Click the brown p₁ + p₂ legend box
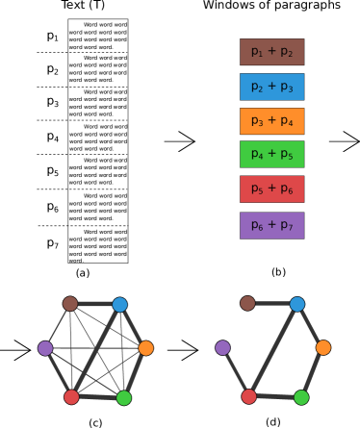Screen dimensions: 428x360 click(x=271, y=52)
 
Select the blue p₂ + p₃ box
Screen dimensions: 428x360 click(x=271, y=87)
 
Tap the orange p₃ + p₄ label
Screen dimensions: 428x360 click(x=271, y=121)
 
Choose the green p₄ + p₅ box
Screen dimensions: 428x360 click(x=271, y=154)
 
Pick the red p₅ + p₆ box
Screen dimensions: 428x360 click(x=271, y=189)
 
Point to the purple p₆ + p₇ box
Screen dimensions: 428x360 click(x=271, y=225)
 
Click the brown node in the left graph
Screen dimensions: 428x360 click(x=70, y=304)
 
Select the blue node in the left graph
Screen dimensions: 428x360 click(x=119, y=305)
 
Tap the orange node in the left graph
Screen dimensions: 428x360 click(x=145, y=348)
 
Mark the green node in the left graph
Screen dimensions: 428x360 click(x=123, y=397)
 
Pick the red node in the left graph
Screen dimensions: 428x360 click(x=71, y=397)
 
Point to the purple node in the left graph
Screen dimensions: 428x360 click(x=45, y=348)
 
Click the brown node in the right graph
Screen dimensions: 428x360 click(x=247, y=303)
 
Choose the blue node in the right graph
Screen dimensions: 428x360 click(x=297, y=304)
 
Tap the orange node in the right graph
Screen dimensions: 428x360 click(x=323, y=347)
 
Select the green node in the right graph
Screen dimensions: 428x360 click(x=301, y=397)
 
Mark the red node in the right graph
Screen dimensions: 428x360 click(x=249, y=396)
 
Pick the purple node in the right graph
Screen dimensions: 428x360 click(x=222, y=347)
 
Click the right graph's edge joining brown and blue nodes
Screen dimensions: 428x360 click(x=272, y=304)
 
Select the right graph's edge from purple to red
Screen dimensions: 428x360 click(x=236, y=372)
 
